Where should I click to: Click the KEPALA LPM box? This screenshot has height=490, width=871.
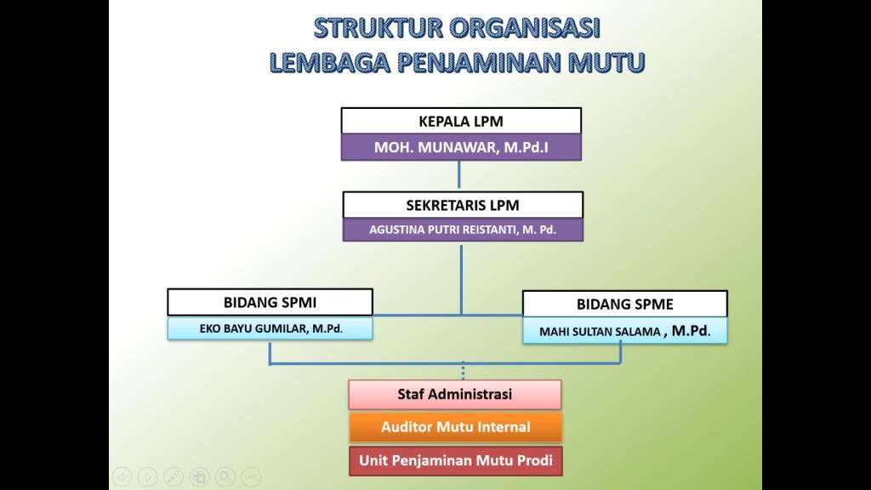pos(461,121)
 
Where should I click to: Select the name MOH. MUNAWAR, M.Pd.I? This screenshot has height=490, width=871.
pos(461,147)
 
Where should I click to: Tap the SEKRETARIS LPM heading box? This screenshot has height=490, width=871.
pos(463,205)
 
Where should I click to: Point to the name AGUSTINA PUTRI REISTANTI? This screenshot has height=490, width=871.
pos(442,230)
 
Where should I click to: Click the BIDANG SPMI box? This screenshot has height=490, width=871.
pos(270,302)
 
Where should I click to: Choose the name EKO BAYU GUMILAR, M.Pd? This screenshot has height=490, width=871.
pos(271,328)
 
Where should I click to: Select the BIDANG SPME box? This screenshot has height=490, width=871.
pos(625,304)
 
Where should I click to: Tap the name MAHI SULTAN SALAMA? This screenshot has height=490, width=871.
pos(600,332)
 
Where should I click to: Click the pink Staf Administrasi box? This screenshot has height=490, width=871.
pos(455,395)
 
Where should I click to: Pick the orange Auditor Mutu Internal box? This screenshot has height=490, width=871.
pos(456,427)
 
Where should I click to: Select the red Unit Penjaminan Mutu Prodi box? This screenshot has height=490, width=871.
pos(456,460)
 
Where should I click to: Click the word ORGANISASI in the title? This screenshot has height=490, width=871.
pos(524,28)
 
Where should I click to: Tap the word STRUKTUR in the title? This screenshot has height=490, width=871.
pos(379,28)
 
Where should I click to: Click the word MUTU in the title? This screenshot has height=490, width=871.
pos(606,62)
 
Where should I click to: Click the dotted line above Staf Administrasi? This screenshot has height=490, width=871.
pos(463,371)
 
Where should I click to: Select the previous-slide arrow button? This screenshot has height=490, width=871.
pos(122,476)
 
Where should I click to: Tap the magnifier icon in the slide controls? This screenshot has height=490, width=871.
pos(225,476)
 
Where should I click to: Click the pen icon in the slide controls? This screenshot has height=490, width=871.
pos(174,476)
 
